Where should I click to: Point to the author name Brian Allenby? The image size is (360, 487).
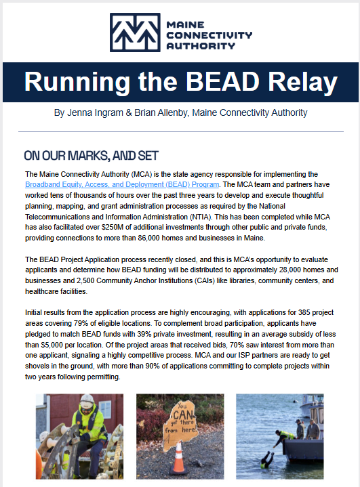coord(159,112)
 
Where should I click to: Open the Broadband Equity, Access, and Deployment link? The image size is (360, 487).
coord(122,184)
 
